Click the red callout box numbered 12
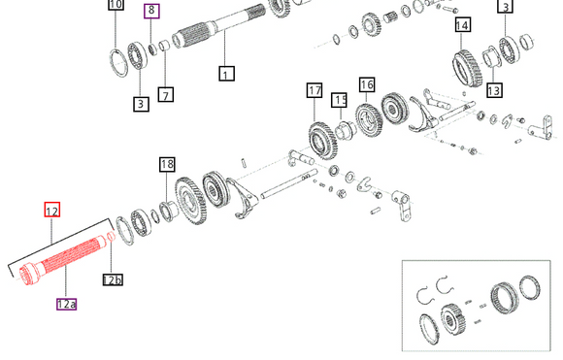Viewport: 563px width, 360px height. [x=52, y=210]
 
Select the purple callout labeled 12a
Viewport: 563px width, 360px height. [x=66, y=304]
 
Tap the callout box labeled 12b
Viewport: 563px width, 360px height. [x=113, y=279]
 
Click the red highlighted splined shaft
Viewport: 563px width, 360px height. [x=63, y=259]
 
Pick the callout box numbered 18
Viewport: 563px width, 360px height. [x=167, y=164]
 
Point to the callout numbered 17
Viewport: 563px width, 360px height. [x=315, y=90]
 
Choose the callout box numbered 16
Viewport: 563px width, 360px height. [x=367, y=84]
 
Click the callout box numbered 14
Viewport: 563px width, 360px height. [x=462, y=25]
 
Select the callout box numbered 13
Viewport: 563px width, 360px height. [x=494, y=89]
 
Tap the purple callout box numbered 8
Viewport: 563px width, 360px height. [x=151, y=11]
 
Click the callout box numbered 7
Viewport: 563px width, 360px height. [x=166, y=95]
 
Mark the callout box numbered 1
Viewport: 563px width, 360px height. [x=226, y=73]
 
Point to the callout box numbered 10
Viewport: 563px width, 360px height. [x=116, y=4]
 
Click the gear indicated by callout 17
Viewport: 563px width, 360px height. [x=323, y=141]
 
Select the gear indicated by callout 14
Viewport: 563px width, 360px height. [x=467, y=68]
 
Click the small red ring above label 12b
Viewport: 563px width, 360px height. [x=112, y=236]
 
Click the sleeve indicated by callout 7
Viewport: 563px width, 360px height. [x=165, y=47]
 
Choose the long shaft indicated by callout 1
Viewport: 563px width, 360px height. [x=219, y=27]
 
